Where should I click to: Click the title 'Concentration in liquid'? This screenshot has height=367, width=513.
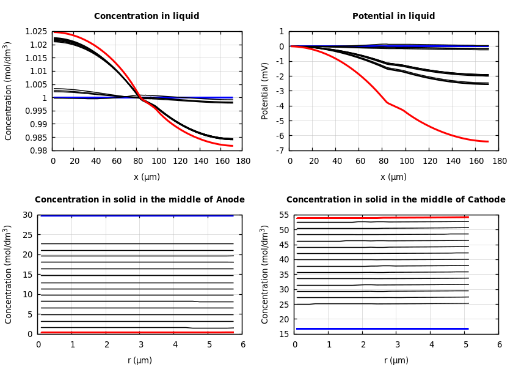[x=147, y=17]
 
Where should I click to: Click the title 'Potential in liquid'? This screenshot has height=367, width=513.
[x=393, y=17]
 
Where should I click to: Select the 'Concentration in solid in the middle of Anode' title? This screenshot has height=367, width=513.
[x=140, y=200]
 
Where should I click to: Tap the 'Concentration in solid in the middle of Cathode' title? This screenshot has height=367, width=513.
[x=396, y=200]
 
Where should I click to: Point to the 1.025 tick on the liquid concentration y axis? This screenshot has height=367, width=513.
[x=37, y=32]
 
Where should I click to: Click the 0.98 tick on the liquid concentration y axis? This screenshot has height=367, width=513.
[x=39, y=150]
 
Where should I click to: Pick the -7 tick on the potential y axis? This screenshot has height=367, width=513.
[x=281, y=150]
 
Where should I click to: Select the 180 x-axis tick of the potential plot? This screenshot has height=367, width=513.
[x=499, y=161]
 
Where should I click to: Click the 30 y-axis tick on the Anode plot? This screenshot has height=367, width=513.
[x=27, y=215]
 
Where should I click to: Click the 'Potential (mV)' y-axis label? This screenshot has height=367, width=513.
[x=265, y=91]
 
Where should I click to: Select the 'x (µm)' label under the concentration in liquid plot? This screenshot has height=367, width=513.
[x=147, y=177]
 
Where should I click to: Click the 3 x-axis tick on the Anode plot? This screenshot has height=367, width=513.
[x=140, y=345]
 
